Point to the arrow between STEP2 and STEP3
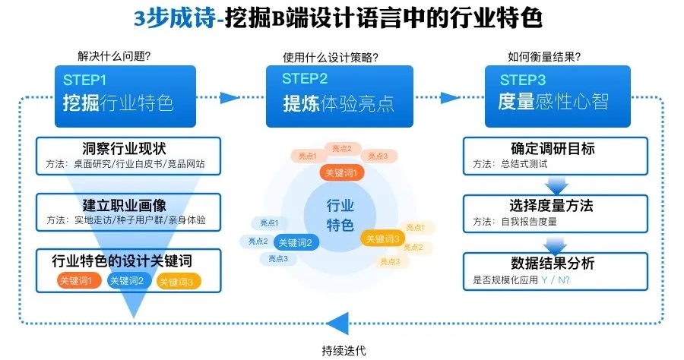[x=449, y=97]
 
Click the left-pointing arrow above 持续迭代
[x=342, y=321]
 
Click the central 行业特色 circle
[x=340, y=215]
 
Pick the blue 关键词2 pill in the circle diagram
[x=298, y=243]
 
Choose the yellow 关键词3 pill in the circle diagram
[x=382, y=238]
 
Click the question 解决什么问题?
[x=114, y=55]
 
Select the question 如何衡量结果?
[x=544, y=55]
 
